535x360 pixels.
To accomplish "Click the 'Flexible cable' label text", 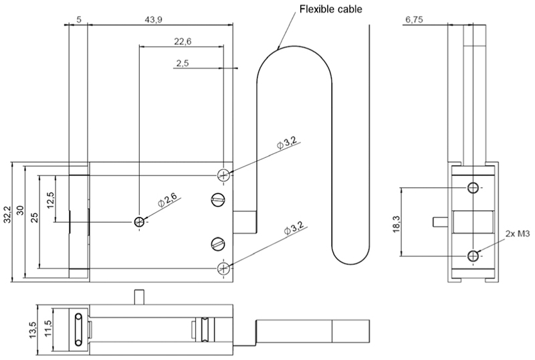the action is (330, 9).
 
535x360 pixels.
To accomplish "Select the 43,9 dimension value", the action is (154, 20).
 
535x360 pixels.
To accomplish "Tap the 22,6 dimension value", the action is (183, 41).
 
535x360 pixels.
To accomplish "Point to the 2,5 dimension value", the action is (183, 63).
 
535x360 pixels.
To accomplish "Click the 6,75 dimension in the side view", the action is (414, 20).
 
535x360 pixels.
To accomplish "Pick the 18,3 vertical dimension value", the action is (396, 224).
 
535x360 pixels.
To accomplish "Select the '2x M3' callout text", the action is (518, 234).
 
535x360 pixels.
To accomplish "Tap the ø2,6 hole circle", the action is (139, 222).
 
